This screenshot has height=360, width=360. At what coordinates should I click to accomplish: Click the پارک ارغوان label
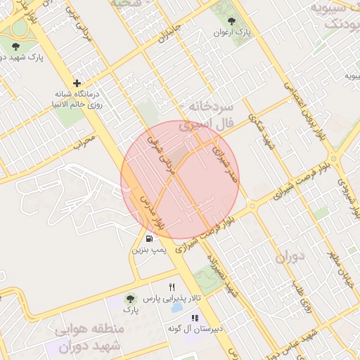pos(233,32)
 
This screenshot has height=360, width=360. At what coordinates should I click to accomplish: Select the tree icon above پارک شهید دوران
pos(16,46)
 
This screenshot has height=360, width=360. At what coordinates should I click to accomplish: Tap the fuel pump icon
pos(148,238)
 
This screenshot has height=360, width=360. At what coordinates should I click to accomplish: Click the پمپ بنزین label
pos(148,250)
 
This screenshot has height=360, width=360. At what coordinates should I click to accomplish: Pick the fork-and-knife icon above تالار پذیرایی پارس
pos(172,287)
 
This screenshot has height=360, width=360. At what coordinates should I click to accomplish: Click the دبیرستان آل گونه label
pos(195,328)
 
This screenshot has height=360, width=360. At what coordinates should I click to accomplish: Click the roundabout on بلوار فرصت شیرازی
pos(252,206)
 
